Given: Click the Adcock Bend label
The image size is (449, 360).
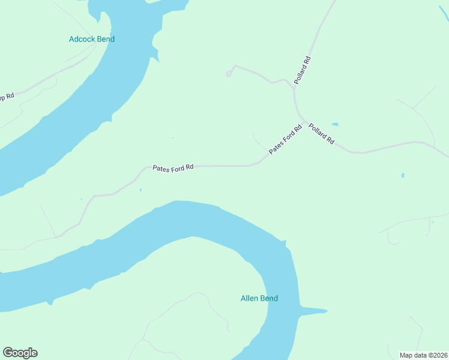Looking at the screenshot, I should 91,39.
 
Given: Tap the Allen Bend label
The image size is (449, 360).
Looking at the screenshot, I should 259,298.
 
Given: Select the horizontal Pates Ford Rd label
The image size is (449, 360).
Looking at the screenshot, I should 173,168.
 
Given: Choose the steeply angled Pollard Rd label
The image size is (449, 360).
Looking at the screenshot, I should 303,69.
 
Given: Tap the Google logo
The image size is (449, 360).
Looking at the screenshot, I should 20,353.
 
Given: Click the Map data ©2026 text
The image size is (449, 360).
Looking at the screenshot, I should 423,355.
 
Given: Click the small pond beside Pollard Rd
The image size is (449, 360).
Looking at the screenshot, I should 334,125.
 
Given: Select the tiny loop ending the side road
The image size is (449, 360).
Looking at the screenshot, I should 228,74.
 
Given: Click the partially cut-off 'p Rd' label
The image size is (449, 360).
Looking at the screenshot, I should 6,97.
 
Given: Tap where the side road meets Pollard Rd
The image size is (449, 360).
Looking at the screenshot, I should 294,89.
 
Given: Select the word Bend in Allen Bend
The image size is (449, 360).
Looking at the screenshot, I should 268,298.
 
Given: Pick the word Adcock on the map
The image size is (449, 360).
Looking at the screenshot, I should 82,39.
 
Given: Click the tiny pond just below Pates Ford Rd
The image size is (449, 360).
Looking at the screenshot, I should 141,190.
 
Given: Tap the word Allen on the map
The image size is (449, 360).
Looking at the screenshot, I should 249,298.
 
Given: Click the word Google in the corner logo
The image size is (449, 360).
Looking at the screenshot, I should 20,353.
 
